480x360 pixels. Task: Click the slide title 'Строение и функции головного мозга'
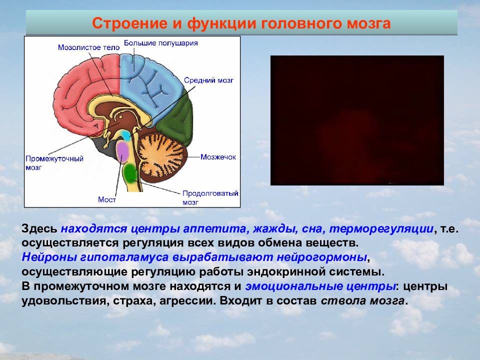pyautogui.click(x=241, y=23)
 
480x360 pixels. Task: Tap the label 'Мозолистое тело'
pyautogui.click(x=89, y=47)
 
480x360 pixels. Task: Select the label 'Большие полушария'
pyautogui.click(x=160, y=43)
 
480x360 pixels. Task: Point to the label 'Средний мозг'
pyautogui.click(x=208, y=80)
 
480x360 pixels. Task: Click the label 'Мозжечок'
pyautogui.click(x=218, y=157)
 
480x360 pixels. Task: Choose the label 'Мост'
pyautogui.click(x=107, y=199)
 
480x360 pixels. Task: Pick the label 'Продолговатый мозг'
pyautogui.click(x=210, y=198)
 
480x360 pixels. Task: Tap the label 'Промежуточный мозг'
pyautogui.click(x=54, y=163)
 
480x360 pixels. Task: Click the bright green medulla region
pyautogui.click(x=131, y=172)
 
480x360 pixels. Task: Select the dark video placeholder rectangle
pyautogui.click(x=357, y=120)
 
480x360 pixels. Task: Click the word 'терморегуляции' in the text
pyautogui.click(x=381, y=228)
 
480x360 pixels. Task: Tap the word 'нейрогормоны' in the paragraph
pyautogui.click(x=322, y=257)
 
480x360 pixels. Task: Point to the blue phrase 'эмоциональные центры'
pyautogui.click(x=320, y=286)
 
